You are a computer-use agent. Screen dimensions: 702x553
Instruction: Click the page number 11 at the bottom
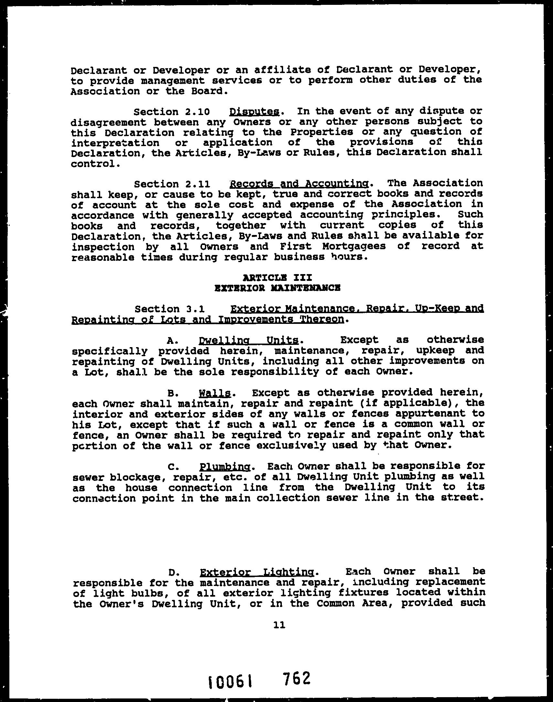point(279,626)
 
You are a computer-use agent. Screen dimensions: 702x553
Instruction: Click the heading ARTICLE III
point(277,278)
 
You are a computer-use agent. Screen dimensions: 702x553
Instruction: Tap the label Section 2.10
point(172,112)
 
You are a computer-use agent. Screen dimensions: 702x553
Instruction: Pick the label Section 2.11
point(172,184)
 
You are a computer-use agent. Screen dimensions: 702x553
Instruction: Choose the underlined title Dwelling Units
point(249,340)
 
